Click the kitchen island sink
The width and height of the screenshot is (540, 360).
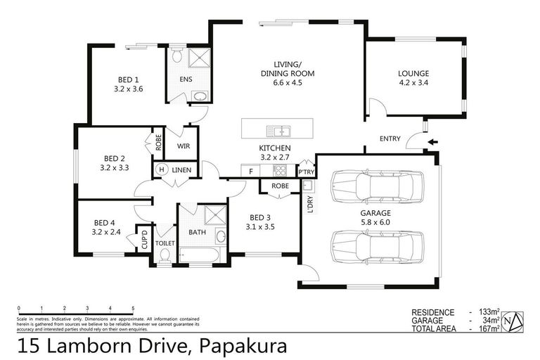[x=280, y=130]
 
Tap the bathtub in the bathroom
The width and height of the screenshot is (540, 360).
[x=200, y=254]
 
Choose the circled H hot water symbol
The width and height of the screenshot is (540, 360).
[x=161, y=170]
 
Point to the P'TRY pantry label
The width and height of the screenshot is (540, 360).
[x=306, y=172]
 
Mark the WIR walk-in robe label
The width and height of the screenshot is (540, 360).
[x=184, y=146]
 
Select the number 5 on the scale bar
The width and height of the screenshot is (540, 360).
[x=134, y=309]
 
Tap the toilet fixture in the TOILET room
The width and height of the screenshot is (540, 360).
[x=165, y=256]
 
